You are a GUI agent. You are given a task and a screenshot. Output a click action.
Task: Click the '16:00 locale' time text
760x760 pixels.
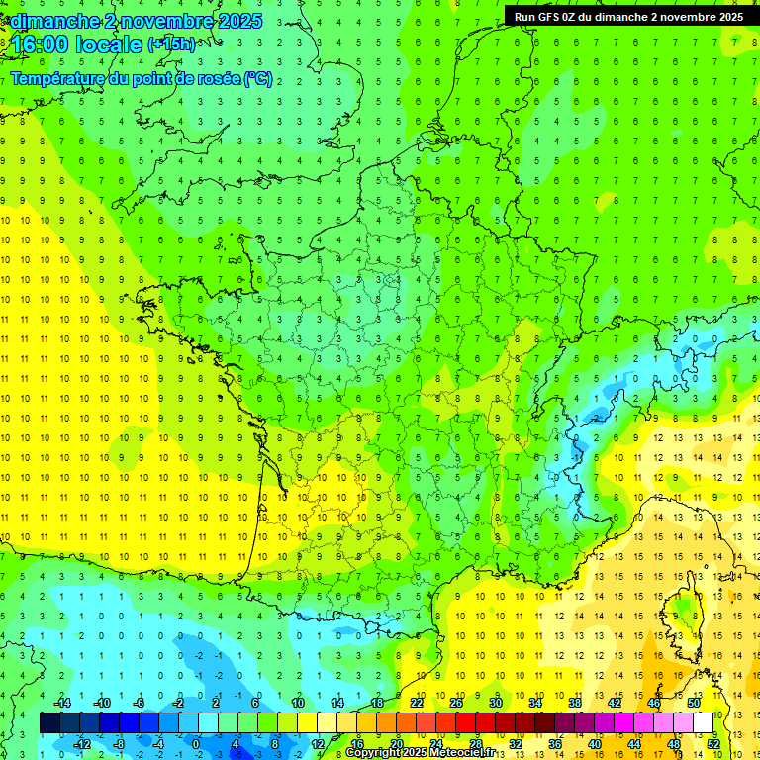pyautogui.click(x=77, y=45)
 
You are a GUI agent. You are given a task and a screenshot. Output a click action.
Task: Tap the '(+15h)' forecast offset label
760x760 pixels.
pyautogui.click(x=171, y=44)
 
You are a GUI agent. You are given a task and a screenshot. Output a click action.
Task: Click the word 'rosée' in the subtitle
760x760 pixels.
pyautogui.click(x=216, y=78)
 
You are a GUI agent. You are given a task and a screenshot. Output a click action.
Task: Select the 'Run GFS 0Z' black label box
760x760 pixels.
pyautogui.click(x=628, y=16)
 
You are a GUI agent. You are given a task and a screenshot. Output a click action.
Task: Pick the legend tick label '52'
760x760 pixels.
pyautogui.click(x=713, y=743)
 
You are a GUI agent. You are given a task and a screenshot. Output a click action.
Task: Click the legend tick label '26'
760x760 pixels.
pyautogui.click(x=456, y=702)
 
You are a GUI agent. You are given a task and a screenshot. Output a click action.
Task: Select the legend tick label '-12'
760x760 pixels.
pyautogui.click(x=81, y=743)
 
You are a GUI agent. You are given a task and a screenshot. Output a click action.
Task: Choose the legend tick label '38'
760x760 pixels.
pyautogui.click(x=575, y=702)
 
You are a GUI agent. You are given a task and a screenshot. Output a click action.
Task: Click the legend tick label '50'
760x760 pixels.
pyautogui.click(x=694, y=702)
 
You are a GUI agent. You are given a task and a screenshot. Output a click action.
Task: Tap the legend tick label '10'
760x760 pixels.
pyautogui.click(x=298, y=702)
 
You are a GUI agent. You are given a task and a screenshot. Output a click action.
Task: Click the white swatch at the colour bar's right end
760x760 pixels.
pyautogui.click(x=704, y=722)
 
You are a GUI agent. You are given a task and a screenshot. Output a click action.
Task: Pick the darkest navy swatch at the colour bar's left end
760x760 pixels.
pyautogui.click(x=49, y=722)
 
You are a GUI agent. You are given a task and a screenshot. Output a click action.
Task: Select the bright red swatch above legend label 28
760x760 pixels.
pyautogui.click(x=466, y=722)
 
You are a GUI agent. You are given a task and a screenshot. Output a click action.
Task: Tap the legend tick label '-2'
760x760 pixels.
pyautogui.click(x=179, y=702)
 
